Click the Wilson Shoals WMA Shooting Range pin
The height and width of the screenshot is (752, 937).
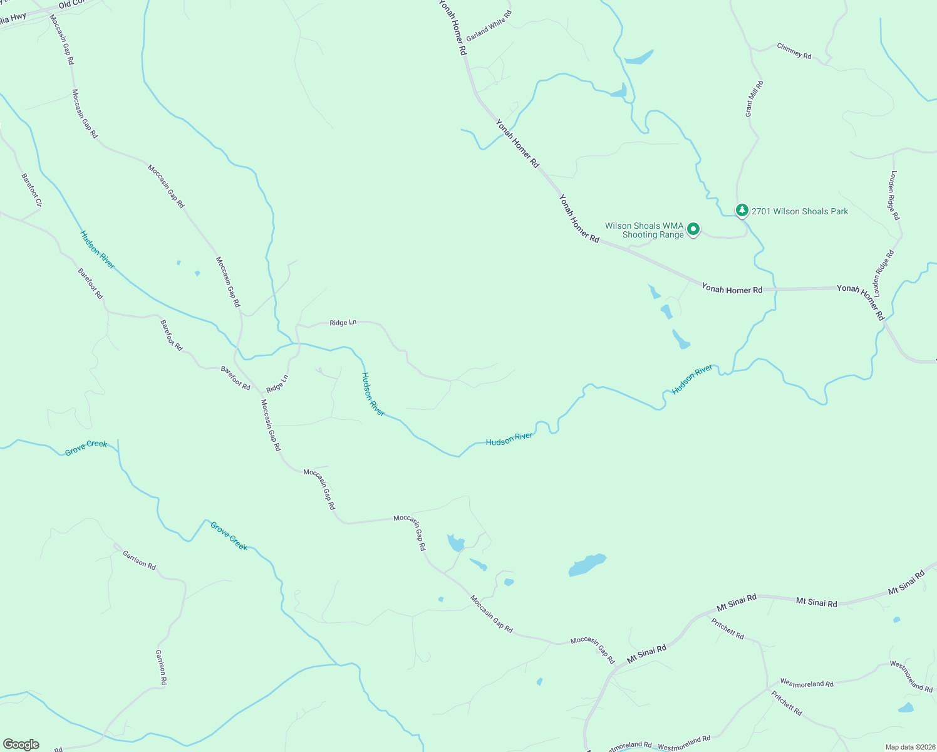point(693,229)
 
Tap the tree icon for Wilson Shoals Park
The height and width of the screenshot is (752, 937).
point(742,210)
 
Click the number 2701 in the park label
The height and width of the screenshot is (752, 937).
point(761,212)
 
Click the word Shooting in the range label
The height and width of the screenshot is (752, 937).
point(639,235)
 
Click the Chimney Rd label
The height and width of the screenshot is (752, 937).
point(794,51)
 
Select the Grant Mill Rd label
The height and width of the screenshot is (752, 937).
point(753,98)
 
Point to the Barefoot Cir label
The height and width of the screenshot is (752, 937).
point(31,190)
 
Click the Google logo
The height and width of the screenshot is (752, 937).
point(21,744)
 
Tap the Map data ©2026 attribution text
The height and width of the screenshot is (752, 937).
point(909,747)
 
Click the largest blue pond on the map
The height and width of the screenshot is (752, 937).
point(587,565)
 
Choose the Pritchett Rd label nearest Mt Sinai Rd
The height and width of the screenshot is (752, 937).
point(728,629)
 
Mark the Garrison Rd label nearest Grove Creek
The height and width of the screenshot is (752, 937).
point(139,560)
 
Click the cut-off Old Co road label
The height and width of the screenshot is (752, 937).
point(73,4)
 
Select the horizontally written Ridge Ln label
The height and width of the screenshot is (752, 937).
point(343,322)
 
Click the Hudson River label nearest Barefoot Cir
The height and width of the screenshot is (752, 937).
point(98,250)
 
